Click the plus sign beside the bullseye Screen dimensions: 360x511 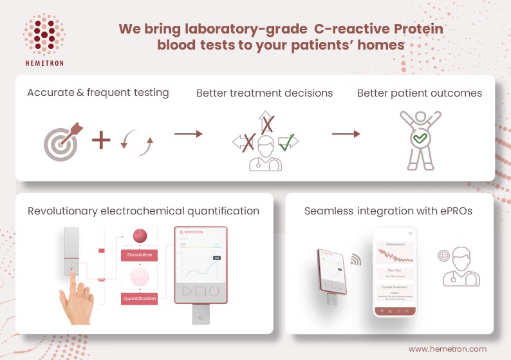pos(101,140)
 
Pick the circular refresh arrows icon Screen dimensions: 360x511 pos(138,142)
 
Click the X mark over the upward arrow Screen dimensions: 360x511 pos(266,124)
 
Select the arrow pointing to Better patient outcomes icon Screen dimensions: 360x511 pos(346,133)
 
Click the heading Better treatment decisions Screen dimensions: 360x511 pos(265,93)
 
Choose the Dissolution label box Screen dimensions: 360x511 pos(140,255)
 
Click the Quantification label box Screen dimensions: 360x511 pos(140,299)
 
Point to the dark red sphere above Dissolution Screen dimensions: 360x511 pos(140,234)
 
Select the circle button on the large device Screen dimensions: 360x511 pos(214,290)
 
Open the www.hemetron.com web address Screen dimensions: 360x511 pos(447,348)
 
